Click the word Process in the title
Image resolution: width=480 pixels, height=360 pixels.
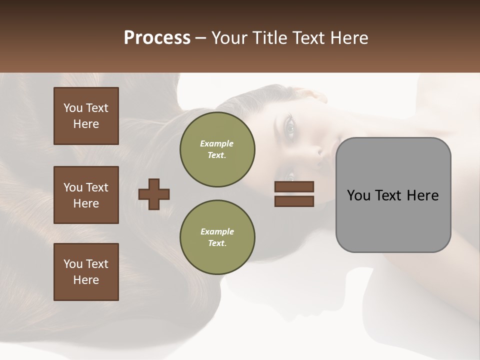157,38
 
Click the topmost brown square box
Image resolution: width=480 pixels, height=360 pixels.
86,116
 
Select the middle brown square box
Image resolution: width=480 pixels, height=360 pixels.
86,195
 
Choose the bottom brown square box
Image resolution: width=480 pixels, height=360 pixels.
86,272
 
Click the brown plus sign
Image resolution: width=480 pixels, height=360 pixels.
154,194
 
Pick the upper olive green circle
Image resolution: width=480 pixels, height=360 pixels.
217,149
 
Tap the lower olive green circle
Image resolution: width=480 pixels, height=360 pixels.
217,237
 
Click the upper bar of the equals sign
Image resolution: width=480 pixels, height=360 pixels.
294,186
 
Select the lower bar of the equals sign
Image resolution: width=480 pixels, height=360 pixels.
294,201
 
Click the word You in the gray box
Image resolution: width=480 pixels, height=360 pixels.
358,195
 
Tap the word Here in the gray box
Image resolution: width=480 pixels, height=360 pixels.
423,195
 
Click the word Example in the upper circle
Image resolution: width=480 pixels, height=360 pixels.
217,143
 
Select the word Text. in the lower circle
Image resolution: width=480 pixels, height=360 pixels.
217,243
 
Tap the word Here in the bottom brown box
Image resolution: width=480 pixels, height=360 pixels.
86,280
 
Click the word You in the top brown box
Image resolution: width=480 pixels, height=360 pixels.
73,108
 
